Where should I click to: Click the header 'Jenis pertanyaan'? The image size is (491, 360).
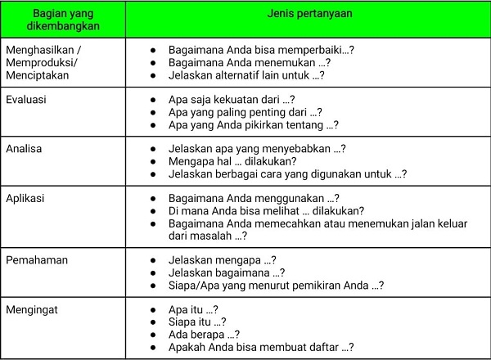pos(307,16)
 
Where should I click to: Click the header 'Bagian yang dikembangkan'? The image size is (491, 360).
pos(62,22)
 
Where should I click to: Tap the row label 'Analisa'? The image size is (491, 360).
pos(25,149)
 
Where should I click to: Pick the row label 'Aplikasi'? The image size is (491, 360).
pos(25,199)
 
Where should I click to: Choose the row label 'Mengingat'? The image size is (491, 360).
pos(31,310)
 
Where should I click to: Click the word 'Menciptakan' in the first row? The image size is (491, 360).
pos(38,75)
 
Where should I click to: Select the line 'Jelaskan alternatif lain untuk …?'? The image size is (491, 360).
pos(246,75)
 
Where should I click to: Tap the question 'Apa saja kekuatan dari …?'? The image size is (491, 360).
pos(231,100)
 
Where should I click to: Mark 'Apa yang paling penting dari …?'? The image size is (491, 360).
pos(245,112)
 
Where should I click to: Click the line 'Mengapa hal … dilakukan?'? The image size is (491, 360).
pos(232,161)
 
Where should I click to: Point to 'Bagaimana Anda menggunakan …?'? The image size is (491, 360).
pos(253,199)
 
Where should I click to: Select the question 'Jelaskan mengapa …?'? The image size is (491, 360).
pos(222,260)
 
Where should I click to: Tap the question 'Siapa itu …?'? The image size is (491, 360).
pos(197,322)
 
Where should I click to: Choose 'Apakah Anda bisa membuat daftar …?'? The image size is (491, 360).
pos(260,347)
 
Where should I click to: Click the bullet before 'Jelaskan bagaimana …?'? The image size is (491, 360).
pos(154,272)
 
